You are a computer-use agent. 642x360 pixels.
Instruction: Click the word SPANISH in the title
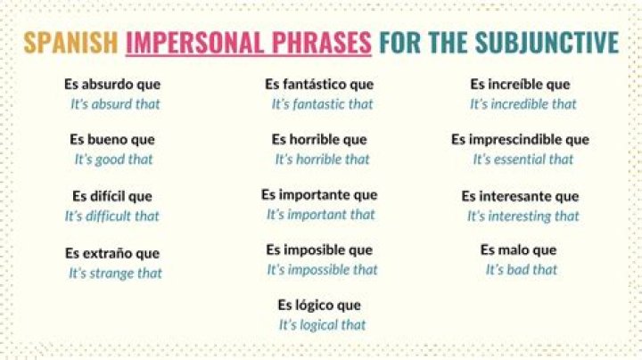click(x=70, y=44)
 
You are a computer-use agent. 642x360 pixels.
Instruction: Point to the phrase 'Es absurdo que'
click(x=112, y=85)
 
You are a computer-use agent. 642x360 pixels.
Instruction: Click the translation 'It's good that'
click(x=113, y=160)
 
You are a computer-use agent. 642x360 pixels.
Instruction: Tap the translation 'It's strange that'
click(x=115, y=273)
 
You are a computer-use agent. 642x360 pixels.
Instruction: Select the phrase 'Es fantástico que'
click(x=319, y=85)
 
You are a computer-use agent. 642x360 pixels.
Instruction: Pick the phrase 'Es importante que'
click(x=319, y=194)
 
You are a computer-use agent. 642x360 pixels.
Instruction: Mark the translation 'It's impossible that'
click(x=322, y=269)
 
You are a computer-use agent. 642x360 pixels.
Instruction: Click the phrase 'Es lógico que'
click(x=319, y=306)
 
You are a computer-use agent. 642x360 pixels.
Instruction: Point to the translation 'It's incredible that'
click(x=523, y=104)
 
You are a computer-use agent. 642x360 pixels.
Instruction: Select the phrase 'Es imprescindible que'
click(x=520, y=140)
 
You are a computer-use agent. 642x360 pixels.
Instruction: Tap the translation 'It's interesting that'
click(x=523, y=216)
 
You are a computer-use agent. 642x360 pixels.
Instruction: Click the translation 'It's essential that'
click(x=523, y=160)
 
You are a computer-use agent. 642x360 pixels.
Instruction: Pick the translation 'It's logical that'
click(x=322, y=325)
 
